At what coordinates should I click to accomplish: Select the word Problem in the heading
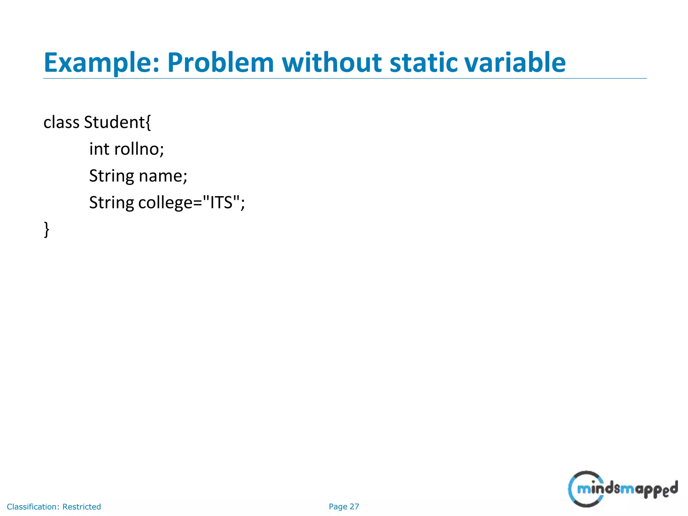[220, 63]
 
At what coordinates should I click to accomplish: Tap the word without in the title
[332, 63]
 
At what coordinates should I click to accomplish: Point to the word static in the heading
[423, 63]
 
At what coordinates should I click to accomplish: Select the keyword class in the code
[61, 122]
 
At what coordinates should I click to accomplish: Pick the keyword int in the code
[99, 149]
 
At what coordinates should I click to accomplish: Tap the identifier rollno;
[139, 149]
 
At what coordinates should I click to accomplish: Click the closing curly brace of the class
[47, 230]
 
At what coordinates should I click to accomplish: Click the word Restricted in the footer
[82, 507]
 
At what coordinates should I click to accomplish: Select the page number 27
[354, 507]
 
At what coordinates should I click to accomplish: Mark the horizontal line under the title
[345, 79]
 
